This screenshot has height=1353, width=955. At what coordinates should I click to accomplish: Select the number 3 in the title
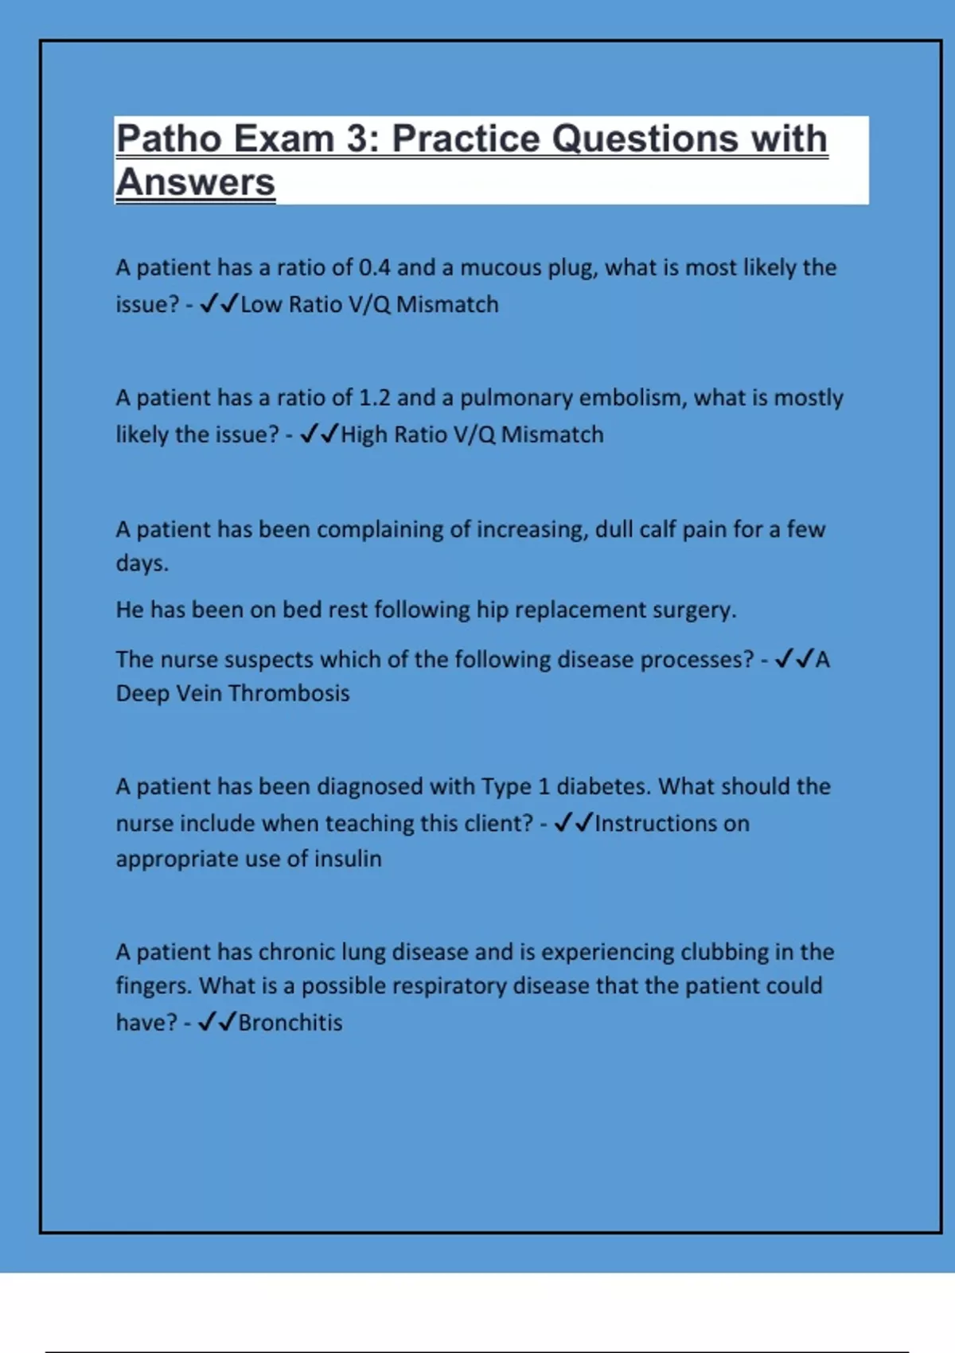pyautogui.click(x=356, y=139)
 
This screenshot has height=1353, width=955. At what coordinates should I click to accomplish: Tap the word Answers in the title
pyautogui.click(x=196, y=182)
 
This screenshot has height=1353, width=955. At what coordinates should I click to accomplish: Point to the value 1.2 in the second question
pyautogui.click(x=374, y=398)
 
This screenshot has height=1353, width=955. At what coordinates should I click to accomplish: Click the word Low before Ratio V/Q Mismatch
pyautogui.click(x=261, y=305)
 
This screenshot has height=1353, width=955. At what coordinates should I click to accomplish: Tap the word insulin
pyautogui.click(x=348, y=859)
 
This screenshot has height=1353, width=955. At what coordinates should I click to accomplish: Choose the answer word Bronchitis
pyautogui.click(x=290, y=1023)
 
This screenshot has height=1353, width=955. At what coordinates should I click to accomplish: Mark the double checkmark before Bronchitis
pyautogui.click(x=216, y=1022)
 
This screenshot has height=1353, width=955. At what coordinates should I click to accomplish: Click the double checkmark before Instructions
pyautogui.click(x=573, y=822)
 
